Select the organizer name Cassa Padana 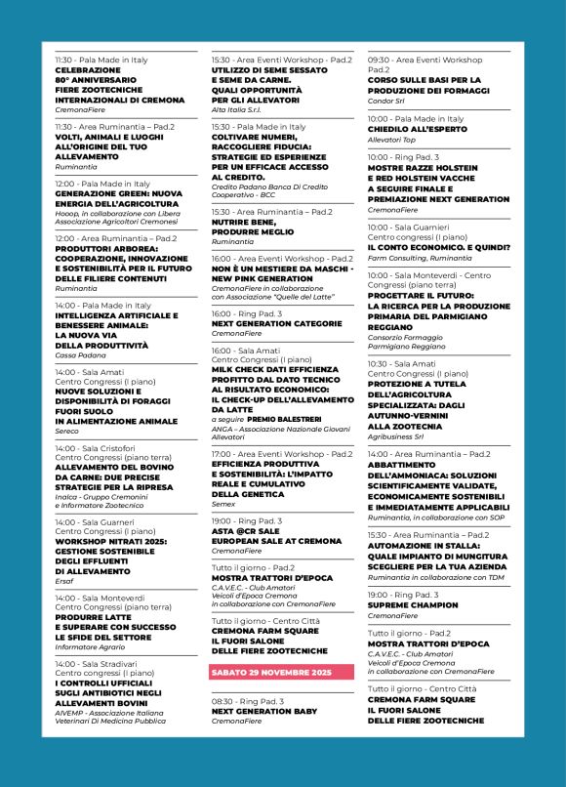click(79, 355)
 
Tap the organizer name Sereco click(67, 431)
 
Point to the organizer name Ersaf click(64, 581)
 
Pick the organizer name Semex click(225, 504)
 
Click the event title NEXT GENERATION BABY click(263, 711)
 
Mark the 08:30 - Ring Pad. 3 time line click(247, 701)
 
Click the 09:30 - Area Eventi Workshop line click(424, 60)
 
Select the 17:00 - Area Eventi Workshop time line click(282, 454)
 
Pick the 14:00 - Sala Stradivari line click(102, 663)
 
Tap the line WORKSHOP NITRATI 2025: click(116, 541)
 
